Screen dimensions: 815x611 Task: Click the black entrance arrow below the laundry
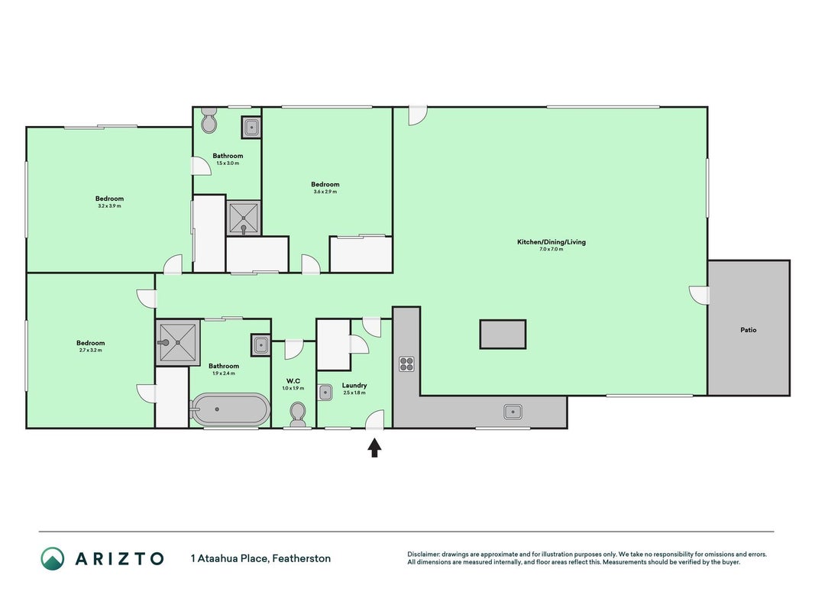pyautogui.click(x=374, y=448)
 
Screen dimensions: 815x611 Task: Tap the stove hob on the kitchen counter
pyautogui.click(x=406, y=364)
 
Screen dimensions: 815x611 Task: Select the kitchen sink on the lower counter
pyautogui.click(x=513, y=412)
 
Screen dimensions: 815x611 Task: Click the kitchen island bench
pyautogui.click(x=503, y=334)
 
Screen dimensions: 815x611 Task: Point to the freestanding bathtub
pyautogui.click(x=230, y=409)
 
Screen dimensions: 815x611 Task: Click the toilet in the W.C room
pyautogui.click(x=298, y=414)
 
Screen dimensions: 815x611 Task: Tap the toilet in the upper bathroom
pyautogui.click(x=209, y=120)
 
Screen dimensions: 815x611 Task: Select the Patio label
pyautogui.click(x=749, y=330)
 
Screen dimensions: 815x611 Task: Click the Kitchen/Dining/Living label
pyautogui.click(x=551, y=241)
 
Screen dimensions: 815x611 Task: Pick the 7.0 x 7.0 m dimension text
pyautogui.click(x=551, y=250)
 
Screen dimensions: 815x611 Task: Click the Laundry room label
pyautogui.click(x=354, y=386)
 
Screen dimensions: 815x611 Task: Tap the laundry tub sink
pyautogui.click(x=325, y=393)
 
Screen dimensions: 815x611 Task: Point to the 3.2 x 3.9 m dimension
pyautogui.click(x=110, y=206)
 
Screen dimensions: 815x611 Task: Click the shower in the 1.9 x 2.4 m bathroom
pyautogui.click(x=178, y=342)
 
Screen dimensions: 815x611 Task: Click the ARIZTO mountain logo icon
pyautogui.click(x=53, y=558)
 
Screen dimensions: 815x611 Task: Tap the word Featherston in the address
pyautogui.click(x=302, y=558)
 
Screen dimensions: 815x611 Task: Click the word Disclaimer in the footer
pyautogui.click(x=423, y=554)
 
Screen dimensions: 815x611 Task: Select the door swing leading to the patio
pyautogui.click(x=699, y=295)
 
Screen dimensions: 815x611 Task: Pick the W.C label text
pyautogui.click(x=293, y=381)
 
